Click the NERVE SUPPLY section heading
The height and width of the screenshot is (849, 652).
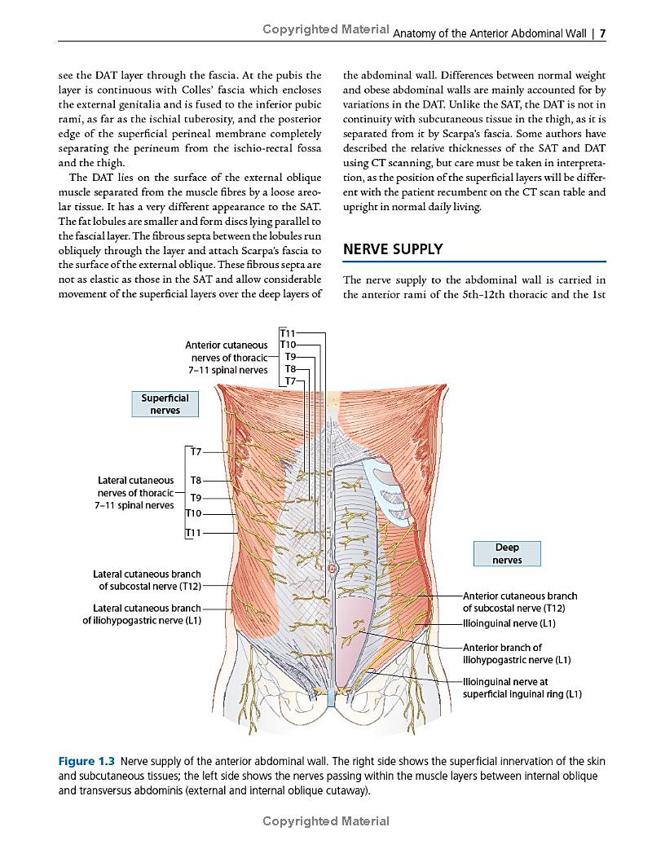(x=393, y=249)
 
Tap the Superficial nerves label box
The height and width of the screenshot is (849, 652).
(x=165, y=404)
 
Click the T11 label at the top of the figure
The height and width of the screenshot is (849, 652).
(x=289, y=333)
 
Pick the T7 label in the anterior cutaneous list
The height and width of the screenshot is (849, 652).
(x=290, y=381)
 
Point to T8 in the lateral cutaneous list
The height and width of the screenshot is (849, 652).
(x=196, y=481)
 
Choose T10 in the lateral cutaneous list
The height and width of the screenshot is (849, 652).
(x=194, y=513)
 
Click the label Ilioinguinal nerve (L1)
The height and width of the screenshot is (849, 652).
(x=509, y=623)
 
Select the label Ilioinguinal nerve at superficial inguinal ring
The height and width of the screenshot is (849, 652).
(x=522, y=688)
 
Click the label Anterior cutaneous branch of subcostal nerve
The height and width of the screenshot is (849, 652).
(x=520, y=602)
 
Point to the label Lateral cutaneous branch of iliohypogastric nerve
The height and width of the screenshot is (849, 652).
(x=143, y=614)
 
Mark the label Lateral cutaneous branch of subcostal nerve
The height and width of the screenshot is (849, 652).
(x=147, y=580)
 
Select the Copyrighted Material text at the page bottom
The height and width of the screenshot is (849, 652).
(x=326, y=821)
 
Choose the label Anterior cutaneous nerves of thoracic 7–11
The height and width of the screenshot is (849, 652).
(x=227, y=357)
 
